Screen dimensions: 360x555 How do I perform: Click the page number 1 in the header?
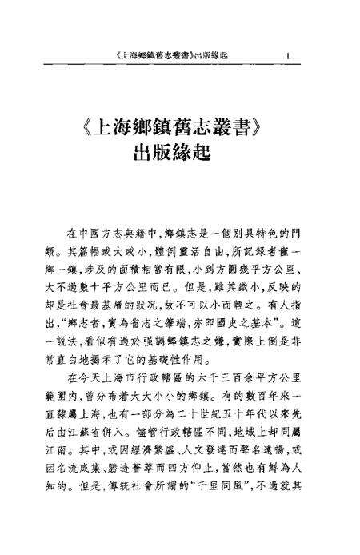tap(286, 55)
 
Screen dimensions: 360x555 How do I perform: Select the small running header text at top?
tap(170, 55)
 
